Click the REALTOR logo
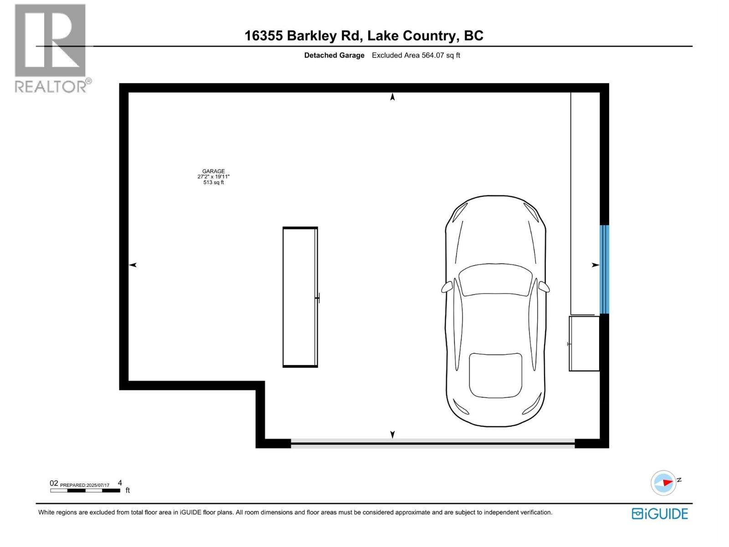coord(51,48)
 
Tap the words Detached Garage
coord(334,56)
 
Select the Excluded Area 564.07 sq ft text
coord(416,56)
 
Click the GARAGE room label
coord(213,171)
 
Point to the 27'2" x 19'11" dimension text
coord(213,177)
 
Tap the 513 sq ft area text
coord(213,182)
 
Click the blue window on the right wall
coord(604,269)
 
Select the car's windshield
coord(495,279)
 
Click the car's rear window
coord(495,375)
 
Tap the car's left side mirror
coord(447,287)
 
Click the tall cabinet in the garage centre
coord(300,297)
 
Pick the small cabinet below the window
coord(584,344)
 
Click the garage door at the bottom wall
coord(432,443)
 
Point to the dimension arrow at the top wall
coord(392,97)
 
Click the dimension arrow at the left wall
coord(133,265)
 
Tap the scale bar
coord(85,490)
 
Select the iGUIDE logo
coord(659,514)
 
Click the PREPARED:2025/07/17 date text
coord(85,485)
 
